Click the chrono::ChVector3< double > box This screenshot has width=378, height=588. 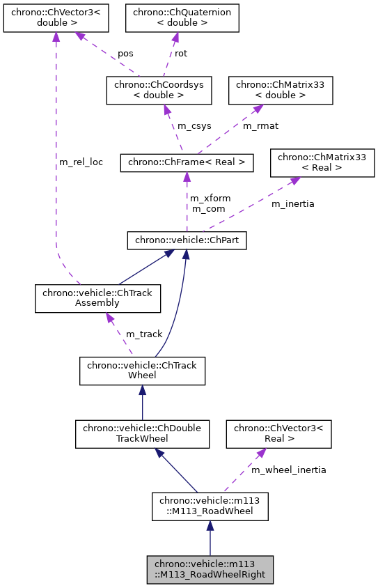click(56, 17)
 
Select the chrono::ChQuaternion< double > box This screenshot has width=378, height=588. click(182, 17)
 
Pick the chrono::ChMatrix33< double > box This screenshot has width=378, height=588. click(281, 90)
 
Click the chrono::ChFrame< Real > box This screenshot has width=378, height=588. click(186, 163)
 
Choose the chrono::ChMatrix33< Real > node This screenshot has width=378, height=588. click(322, 162)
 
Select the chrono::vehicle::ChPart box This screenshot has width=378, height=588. click(186, 240)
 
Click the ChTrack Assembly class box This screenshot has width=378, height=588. click(98, 298)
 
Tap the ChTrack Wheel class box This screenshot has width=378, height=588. click(142, 370)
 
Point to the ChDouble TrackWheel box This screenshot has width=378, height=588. click(142, 433)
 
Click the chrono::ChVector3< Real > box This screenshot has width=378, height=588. click(278, 433)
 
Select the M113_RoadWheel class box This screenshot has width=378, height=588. click(210, 506)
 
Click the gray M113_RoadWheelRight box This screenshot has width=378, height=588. click(210, 569)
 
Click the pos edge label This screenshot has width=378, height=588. click(125, 53)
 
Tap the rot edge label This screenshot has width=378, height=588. click(180, 53)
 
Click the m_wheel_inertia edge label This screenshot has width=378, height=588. click(288, 470)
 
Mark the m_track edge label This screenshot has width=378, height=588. click(143, 334)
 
